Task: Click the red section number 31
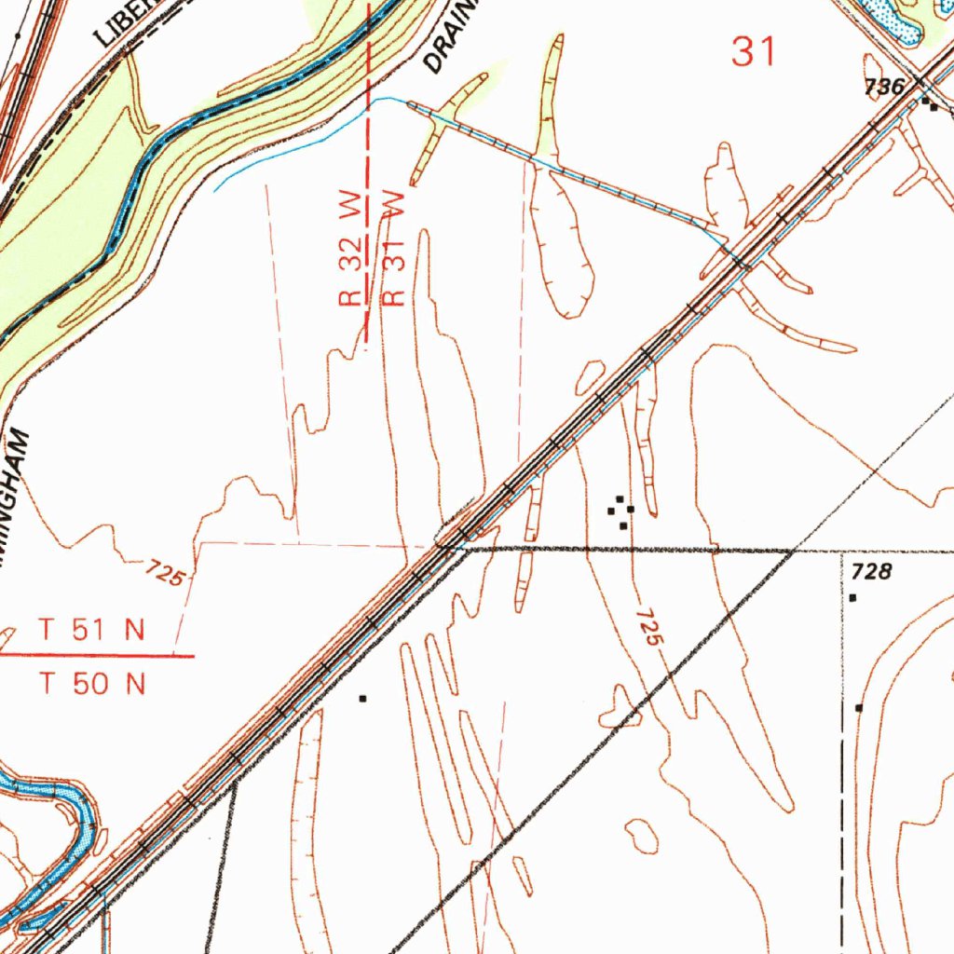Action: coord(753,52)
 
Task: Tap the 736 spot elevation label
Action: coord(884,88)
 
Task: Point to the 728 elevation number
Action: coord(872,571)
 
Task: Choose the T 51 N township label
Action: coord(92,631)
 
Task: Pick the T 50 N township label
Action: coord(92,685)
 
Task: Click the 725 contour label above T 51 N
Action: coord(166,573)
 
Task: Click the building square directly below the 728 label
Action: coord(852,597)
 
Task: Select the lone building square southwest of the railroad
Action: coord(363,698)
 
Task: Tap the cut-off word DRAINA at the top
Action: coord(450,37)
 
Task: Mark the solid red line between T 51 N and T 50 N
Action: coord(97,656)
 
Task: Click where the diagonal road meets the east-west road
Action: coord(793,552)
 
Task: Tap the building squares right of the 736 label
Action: coord(930,104)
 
